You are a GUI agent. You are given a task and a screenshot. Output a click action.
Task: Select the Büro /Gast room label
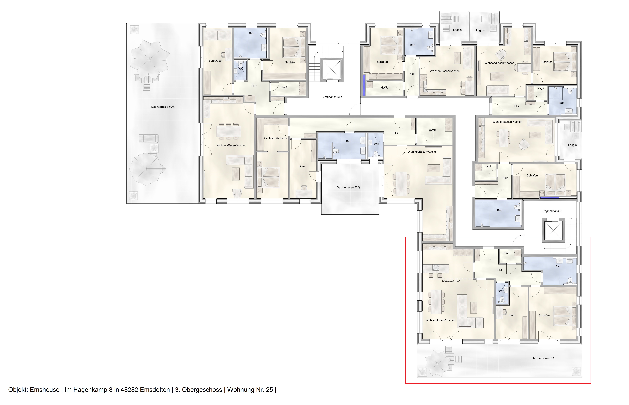(215, 61)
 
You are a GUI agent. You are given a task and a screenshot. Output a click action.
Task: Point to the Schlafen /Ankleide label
(276, 138)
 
